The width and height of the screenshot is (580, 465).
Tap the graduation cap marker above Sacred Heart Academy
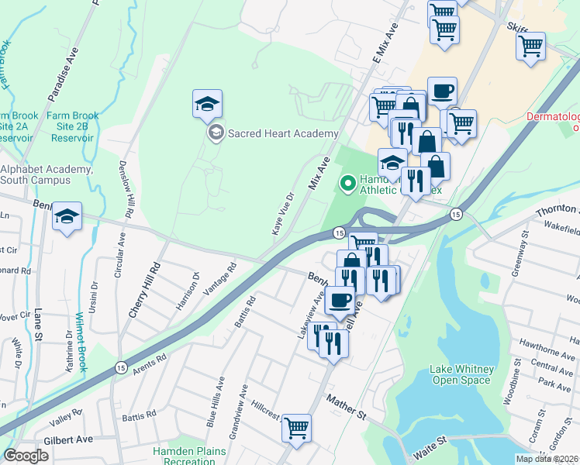[x=207, y=105]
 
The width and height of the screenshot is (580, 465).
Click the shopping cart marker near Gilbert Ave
[x=296, y=427]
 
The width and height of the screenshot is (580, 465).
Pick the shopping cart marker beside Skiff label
[x=530, y=46]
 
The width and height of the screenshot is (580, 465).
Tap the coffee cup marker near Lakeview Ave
[x=339, y=300]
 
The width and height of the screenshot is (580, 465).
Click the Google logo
[x=26, y=456]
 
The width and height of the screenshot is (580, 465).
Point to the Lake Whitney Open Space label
[x=461, y=374]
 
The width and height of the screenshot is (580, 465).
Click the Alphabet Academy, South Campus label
[x=46, y=174]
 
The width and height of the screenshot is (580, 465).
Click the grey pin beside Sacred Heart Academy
[x=216, y=133]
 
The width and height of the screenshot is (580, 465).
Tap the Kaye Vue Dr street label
[x=283, y=213]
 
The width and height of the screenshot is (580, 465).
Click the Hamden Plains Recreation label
[x=189, y=456]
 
